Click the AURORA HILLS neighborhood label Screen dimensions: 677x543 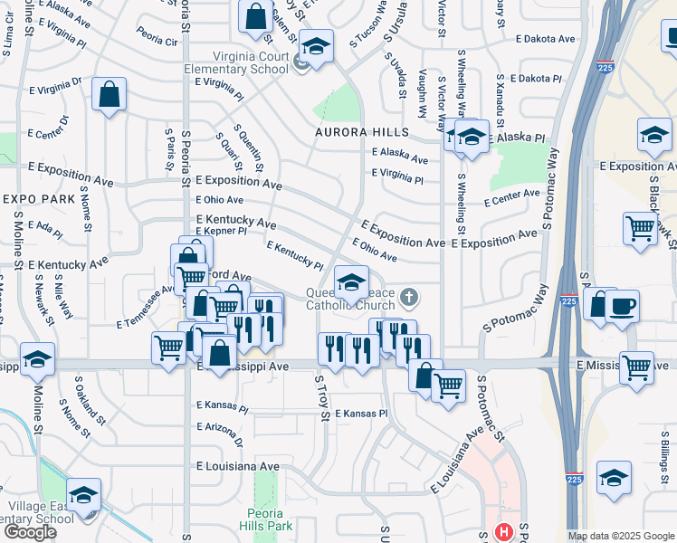point(360,132)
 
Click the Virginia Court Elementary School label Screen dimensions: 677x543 point(236,62)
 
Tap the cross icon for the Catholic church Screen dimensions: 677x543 point(409,296)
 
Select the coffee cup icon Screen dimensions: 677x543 point(622,307)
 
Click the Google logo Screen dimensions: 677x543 point(30,532)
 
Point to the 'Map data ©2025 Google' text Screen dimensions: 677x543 point(621,536)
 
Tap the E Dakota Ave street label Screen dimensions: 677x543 point(546,40)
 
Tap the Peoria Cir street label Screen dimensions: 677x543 point(157,41)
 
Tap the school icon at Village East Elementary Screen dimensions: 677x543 point(83,496)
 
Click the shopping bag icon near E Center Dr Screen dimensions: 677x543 point(109,95)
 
